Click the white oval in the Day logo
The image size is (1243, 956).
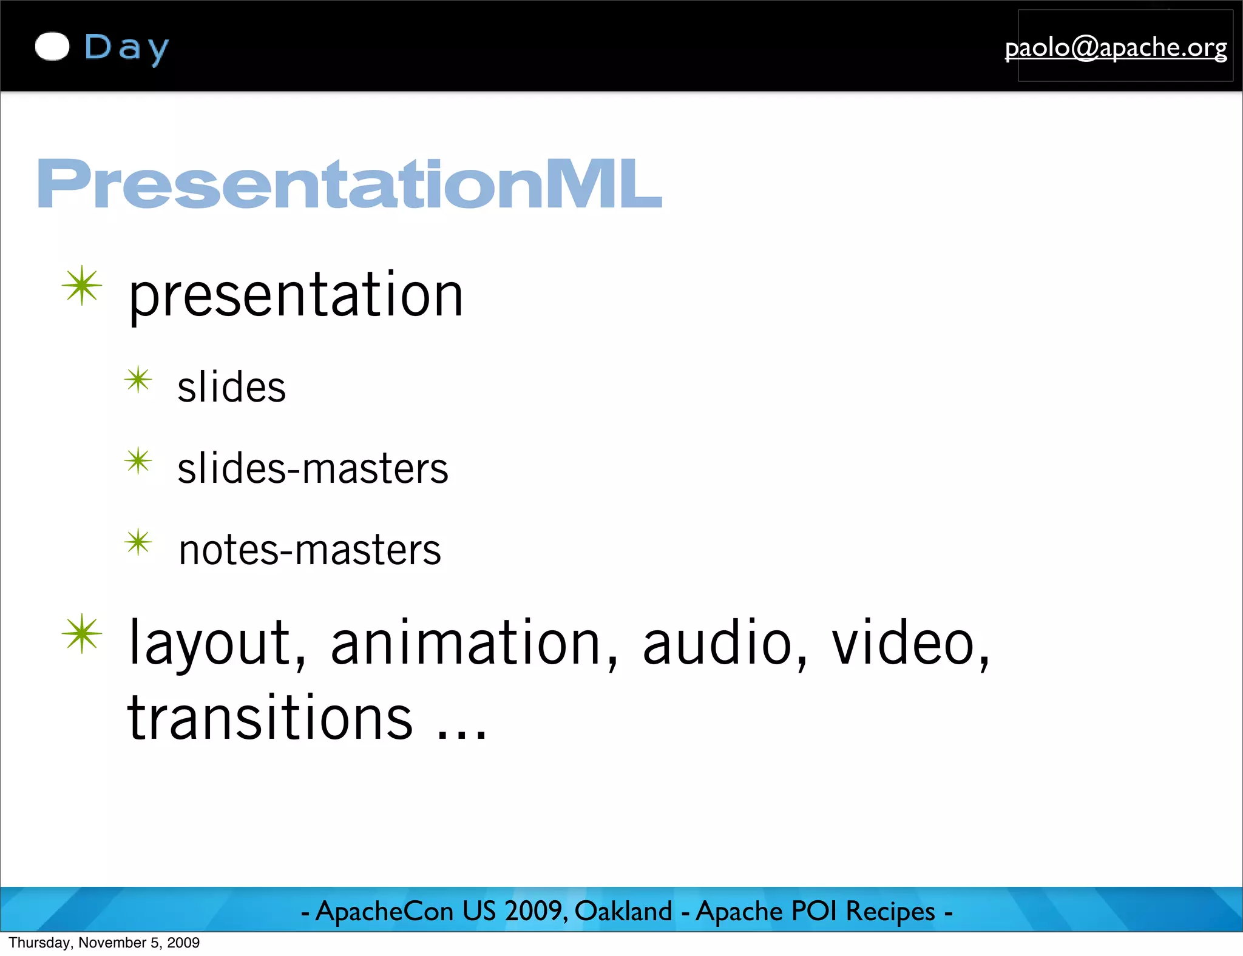click(x=52, y=47)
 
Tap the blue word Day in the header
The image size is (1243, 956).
click(x=126, y=48)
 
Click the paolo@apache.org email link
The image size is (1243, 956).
click(x=1116, y=47)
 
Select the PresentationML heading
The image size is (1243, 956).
click(x=349, y=183)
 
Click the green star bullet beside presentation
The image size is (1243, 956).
click(x=82, y=286)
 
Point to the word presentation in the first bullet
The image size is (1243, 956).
click(x=296, y=295)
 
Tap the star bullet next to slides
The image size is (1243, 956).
click(x=138, y=380)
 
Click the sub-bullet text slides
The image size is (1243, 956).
click(x=231, y=387)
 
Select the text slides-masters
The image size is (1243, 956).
click(x=313, y=468)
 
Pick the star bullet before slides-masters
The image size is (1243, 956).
click(x=138, y=462)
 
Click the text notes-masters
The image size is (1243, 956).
click(x=310, y=550)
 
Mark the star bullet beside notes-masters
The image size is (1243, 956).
click(x=138, y=542)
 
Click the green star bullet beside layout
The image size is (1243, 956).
click(x=82, y=634)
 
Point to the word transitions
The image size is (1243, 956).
click(x=270, y=718)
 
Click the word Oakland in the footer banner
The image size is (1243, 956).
click(x=623, y=911)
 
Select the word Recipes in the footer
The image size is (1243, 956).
click(x=890, y=911)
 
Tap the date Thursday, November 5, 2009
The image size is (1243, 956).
click(x=104, y=943)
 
